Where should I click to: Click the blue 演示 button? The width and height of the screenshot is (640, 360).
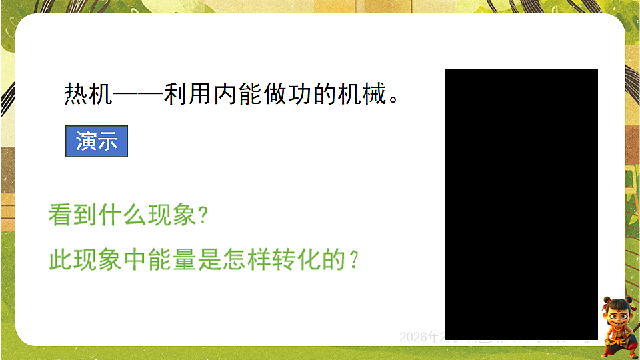97,141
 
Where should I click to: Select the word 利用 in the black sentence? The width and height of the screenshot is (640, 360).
187,94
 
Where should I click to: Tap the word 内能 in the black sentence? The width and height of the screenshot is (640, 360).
237,94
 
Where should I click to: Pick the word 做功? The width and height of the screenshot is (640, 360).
287,94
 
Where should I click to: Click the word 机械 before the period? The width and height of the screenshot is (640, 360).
362,94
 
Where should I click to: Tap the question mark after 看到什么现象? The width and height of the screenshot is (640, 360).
204,215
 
